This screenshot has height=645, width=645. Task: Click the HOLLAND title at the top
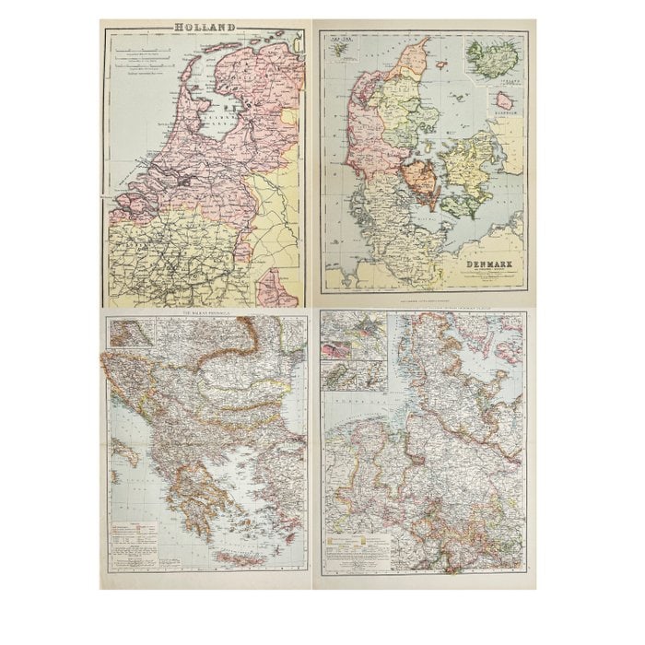click(x=205, y=29)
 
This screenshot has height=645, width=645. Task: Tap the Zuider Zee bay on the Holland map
click(x=217, y=119)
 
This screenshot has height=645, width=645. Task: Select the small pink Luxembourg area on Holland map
click(x=276, y=287)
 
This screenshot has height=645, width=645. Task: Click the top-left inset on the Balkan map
click(x=130, y=332)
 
